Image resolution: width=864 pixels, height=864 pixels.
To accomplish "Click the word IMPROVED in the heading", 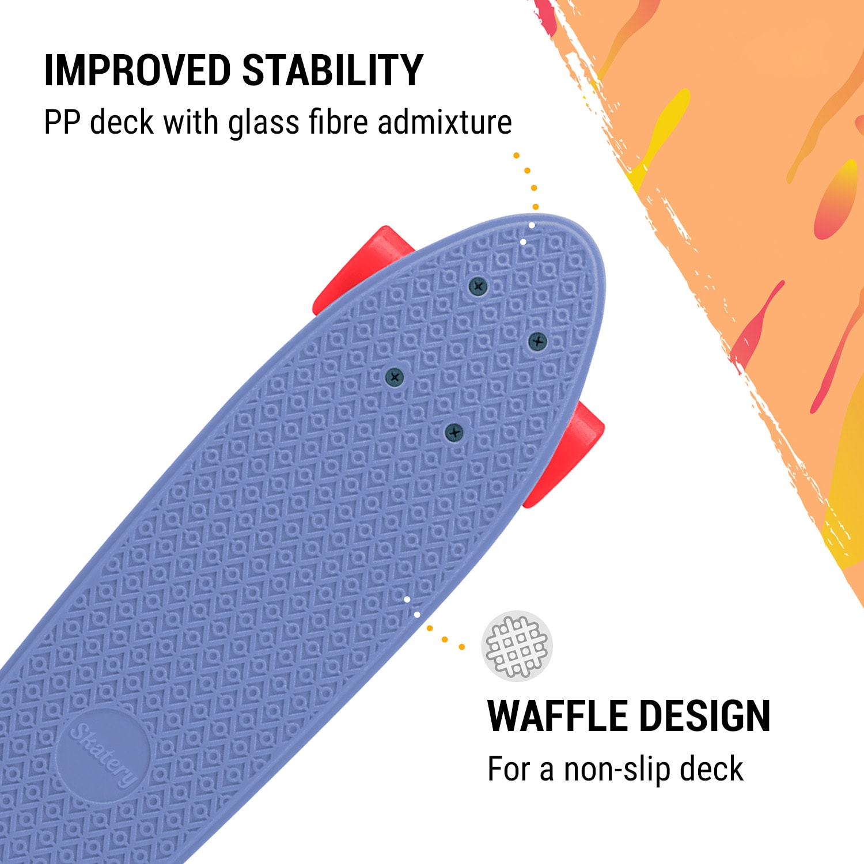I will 137,71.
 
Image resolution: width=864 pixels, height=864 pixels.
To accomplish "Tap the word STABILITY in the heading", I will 332,71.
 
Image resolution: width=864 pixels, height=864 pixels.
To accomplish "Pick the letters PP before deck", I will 62,122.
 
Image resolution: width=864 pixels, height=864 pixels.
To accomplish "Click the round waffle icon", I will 517,646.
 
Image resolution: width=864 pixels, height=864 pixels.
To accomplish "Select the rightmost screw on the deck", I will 537,341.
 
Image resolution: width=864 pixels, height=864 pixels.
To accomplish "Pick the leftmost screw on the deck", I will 395,377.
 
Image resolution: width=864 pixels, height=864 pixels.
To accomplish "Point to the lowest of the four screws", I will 454,431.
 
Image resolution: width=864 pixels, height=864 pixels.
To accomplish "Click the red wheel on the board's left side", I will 360,268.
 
